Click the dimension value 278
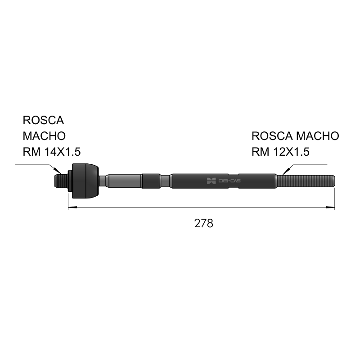tap(204, 223)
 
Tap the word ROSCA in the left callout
tap(43, 120)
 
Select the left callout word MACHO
tap(44, 136)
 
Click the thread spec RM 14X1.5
tap(52, 152)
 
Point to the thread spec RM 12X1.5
tap(280, 152)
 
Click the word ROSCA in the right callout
tap(272, 136)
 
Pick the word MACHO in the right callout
tap(318, 136)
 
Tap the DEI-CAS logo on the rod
tap(224, 181)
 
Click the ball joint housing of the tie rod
tap(85, 181)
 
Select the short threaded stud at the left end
tap(61, 181)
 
